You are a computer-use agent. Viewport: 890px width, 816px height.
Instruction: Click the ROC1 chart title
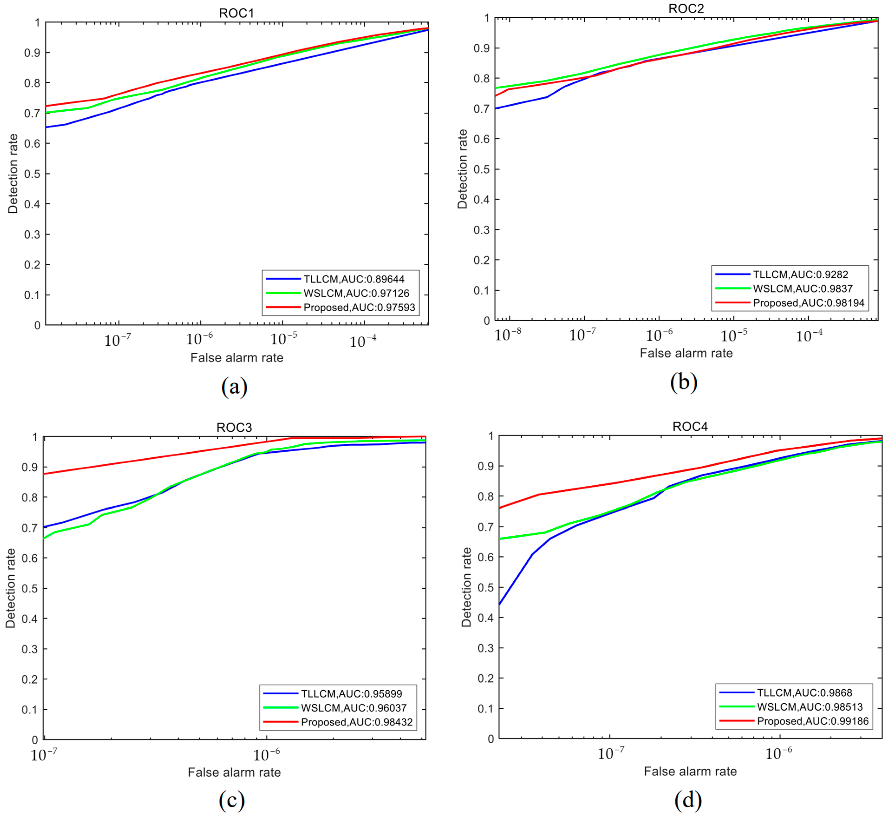click(x=237, y=13)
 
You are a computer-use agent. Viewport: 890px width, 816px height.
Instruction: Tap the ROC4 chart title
click(x=690, y=426)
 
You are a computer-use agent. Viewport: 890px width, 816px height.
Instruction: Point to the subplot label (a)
click(x=234, y=387)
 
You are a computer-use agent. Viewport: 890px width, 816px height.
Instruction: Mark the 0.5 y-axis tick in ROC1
click(x=32, y=174)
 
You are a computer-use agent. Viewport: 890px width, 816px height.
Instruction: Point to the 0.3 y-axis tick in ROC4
click(x=486, y=648)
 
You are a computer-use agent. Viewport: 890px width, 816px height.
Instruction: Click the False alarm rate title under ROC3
click(x=234, y=772)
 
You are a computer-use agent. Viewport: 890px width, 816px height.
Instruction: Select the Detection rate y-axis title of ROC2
click(x=462, y=169)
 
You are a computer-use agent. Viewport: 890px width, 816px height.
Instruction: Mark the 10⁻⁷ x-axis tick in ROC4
click(x=611, y=754)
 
